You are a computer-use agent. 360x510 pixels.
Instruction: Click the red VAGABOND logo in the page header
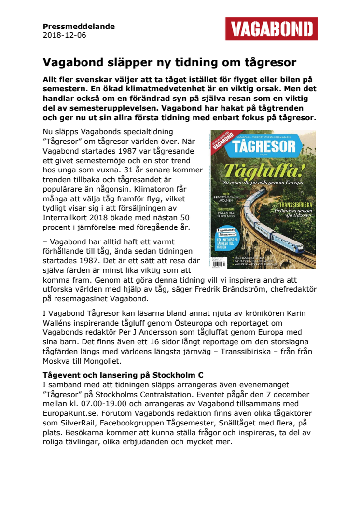click(271, 28)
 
